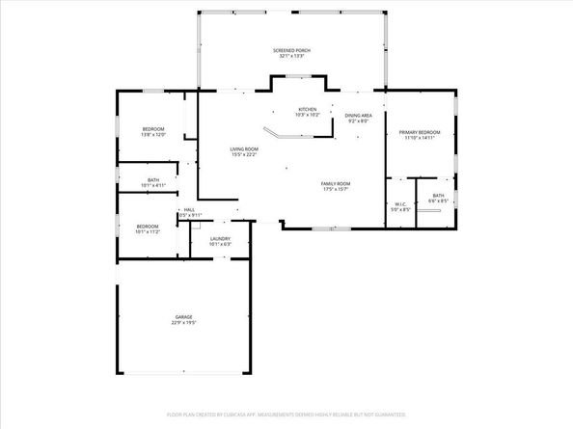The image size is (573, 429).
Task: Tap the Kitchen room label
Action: [x=307, y=109]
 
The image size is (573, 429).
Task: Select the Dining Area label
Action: [x=358, y=115]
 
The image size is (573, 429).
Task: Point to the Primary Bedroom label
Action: [x=420, y=132]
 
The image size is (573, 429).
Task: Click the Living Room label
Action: [x=243, y=148]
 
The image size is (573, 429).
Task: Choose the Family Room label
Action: [x=336, y=183]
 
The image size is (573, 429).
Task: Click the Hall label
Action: [x=189, y=209]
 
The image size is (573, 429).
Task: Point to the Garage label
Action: [x=183, y=316]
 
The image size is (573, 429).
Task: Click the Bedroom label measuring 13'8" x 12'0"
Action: [x=153, y=129]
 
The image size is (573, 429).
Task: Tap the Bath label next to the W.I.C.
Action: [x=438, y=196]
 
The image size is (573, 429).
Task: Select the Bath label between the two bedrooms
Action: [x=153, y=178]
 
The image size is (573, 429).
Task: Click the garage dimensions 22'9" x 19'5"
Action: [x=183, y=323]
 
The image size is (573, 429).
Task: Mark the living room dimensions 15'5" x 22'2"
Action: [x=243, y=155]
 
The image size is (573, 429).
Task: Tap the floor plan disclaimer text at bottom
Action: [x=286, y=416]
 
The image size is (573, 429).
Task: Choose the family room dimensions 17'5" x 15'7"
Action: [x=336, y=190]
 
